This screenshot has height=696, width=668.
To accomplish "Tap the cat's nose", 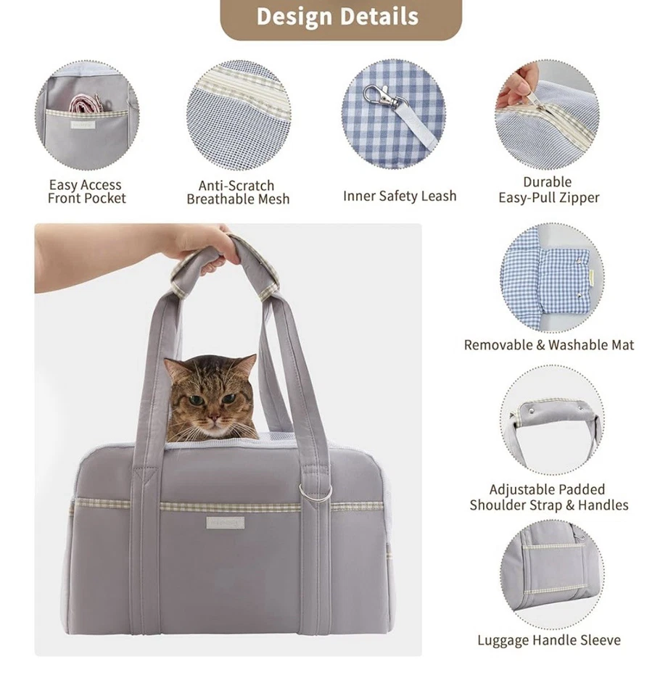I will (210, 413).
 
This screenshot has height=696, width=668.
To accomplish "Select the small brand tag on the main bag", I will (226, 522).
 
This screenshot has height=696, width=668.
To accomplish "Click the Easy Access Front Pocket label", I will (86, 192).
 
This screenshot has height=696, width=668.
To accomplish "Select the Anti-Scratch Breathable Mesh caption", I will (238, 193).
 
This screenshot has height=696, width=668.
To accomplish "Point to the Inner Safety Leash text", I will (400, 196).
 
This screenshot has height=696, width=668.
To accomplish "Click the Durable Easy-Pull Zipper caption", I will (548, 190).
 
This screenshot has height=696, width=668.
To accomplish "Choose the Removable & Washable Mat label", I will (549, 346).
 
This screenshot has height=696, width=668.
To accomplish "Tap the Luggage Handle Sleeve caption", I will (549, 640).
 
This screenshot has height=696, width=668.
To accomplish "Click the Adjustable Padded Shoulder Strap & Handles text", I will (549, 497).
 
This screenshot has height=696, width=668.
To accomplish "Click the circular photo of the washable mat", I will (551, 277).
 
